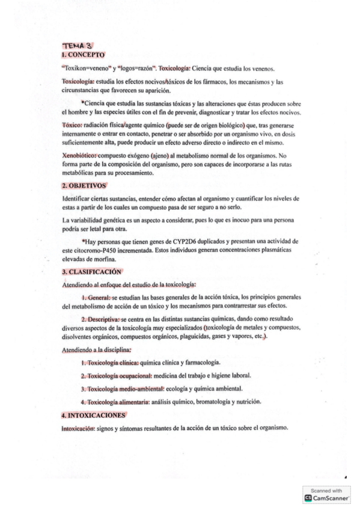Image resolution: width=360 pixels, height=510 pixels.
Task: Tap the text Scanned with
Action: pyautogui.click(x=325, y=490)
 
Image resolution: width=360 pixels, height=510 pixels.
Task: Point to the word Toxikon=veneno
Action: pyautogui.click(x=84, y=68)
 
